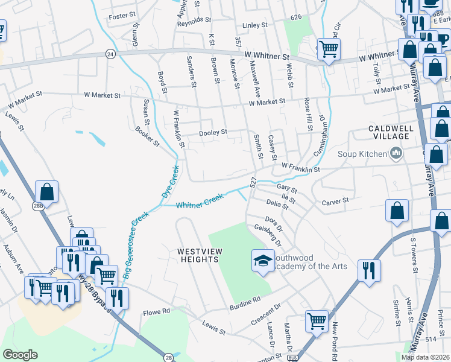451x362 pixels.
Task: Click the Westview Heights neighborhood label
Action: coord(198,255)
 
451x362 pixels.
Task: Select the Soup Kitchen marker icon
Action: coord(396,154)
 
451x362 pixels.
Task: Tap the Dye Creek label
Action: coord(171,183)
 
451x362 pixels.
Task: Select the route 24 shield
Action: coord(110,54)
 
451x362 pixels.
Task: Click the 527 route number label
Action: coord(254,182)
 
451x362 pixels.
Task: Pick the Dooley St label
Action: coord(213,132)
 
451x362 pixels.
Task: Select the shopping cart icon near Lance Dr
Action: coord(317,321)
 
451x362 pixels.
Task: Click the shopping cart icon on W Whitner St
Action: coord(329,48)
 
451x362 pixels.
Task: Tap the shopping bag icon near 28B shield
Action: coord(46,192)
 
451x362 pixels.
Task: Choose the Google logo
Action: coord(20,355)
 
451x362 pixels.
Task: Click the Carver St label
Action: coord(335,201)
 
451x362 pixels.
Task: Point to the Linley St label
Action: coord(254,25)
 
